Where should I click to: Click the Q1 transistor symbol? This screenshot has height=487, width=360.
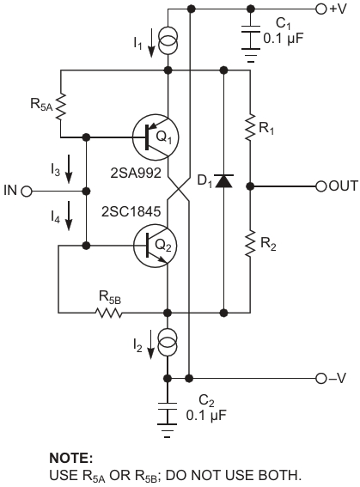156,137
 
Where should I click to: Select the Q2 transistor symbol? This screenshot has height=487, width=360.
156,246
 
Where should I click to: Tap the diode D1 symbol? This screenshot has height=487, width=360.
224,181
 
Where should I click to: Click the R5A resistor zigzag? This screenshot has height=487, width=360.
61,106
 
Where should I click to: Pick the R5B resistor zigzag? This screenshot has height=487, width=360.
109,313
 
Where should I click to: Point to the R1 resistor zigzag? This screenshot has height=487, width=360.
250,127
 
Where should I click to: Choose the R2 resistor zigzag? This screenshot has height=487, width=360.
250,243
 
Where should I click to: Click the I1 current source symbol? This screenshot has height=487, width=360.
168,40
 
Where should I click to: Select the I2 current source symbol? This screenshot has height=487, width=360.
168,342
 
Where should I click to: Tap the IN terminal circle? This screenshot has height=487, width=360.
27,192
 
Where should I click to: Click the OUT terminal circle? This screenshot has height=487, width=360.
321,186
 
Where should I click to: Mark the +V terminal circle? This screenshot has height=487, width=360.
321,9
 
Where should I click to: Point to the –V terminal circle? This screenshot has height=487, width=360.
321,379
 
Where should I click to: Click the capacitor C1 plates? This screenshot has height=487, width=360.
251,38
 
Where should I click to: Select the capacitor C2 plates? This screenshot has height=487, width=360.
168,414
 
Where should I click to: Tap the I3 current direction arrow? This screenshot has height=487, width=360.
69,169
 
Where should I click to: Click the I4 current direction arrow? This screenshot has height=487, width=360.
69,216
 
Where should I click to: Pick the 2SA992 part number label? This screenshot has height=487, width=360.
136,173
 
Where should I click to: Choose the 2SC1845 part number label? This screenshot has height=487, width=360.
131,211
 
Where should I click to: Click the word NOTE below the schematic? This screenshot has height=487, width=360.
71,459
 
